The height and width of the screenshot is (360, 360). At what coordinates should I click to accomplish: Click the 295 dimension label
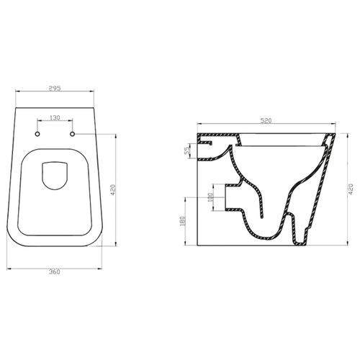pyautogui.click(x=55, y=88)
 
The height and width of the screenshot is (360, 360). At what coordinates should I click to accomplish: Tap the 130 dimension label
pyautogui.click(x=55, y=117)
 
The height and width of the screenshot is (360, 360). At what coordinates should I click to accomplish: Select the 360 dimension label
pyautogui.click(x=55, y=272)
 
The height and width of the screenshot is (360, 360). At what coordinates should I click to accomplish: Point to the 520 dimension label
pyautogui.click(x=266, y=120)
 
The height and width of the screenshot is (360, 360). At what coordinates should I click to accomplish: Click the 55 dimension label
pyautogui.click(x=187, y=150)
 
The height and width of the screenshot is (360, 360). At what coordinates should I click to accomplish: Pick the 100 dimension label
pyautogui.click(x=210, y=197)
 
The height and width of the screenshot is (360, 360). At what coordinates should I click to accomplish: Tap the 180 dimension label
pyautogui.click(x=182, y=221)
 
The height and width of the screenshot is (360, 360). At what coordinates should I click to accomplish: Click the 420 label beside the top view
pyautogui.click(x=113, y=189)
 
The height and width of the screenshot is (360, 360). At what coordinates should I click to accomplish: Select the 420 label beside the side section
pyautogui.click(x=351, y=189)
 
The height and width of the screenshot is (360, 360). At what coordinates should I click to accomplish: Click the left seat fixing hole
pyautogui.click(x=37, y=134)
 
